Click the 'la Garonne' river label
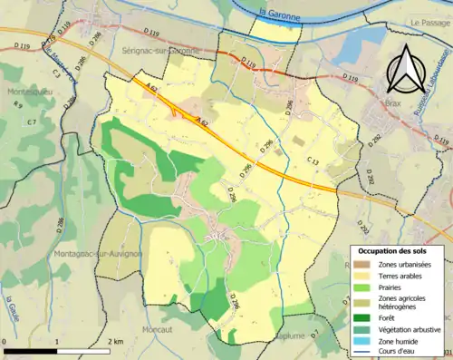coord(279,12)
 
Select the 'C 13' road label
coord(313,161)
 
